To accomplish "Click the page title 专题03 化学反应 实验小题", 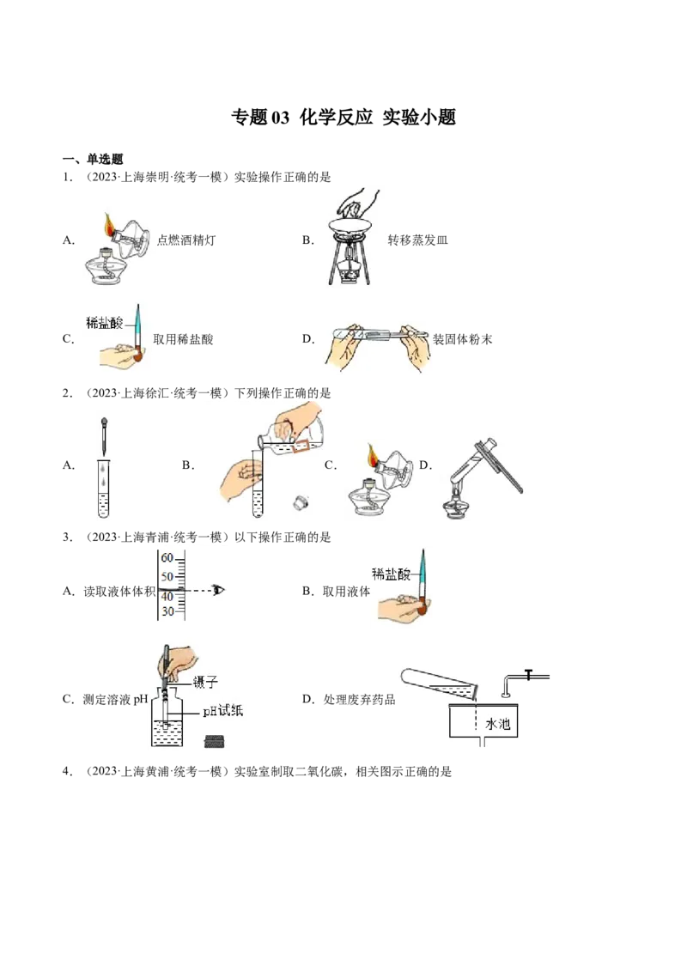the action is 343,117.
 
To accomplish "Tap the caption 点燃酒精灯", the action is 186,240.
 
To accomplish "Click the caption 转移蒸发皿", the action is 417,240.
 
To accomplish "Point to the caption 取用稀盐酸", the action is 183,339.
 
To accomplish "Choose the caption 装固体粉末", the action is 462,339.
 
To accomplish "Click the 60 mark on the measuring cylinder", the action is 167,558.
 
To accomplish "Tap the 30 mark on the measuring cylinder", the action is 167,611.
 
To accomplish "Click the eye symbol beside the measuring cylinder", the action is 218,590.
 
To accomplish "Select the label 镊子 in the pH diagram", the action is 205,683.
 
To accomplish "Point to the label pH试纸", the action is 222,710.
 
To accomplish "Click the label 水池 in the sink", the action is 497,724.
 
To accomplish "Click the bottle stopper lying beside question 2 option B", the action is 301,502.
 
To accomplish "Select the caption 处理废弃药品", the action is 359,699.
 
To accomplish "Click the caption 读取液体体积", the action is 119,592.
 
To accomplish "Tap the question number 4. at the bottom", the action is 68,771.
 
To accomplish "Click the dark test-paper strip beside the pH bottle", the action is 216,741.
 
